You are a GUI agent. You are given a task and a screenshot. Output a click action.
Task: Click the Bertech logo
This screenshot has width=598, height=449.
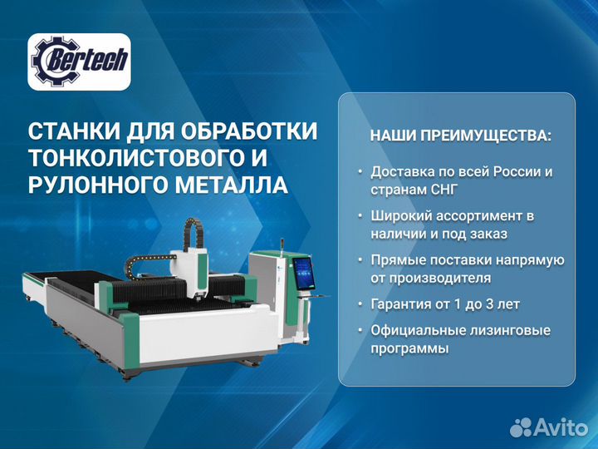pyautogui.click(x=80, y=62)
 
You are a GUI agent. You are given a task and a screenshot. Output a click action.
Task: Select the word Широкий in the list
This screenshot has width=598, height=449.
pyautogui.click(x=401, y=216)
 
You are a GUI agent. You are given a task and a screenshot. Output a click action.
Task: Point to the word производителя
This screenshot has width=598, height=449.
pyautogui.click(x=442, y=278)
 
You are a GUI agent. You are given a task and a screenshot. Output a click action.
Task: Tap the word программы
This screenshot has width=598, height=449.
pyautogui.click(x=410, y=349)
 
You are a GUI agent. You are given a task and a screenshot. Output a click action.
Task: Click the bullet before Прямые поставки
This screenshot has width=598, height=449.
pyautogui.click(x=360, y=260)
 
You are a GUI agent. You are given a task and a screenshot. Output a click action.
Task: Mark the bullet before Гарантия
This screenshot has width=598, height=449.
pyautogui.click(x=360, y=304)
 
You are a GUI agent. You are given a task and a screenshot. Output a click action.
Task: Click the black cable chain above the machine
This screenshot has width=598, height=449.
pyautogui.click(x=154, y=246)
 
